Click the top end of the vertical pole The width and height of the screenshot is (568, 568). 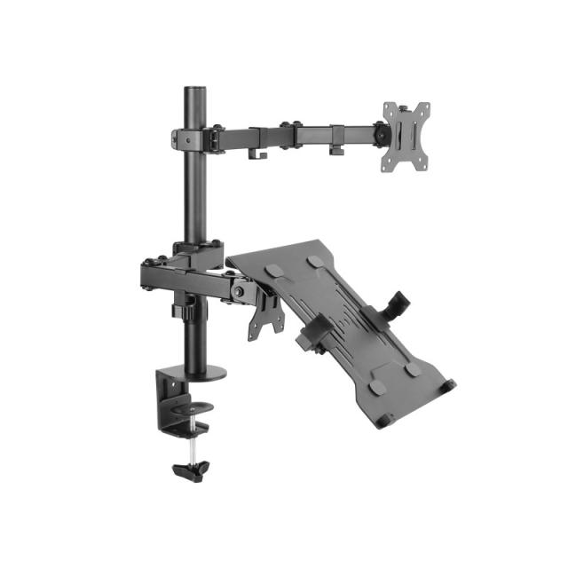coord(193,89)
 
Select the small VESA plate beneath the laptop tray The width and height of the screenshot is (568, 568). coord(264,314)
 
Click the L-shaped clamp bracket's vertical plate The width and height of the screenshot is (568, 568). coord(167,396)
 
